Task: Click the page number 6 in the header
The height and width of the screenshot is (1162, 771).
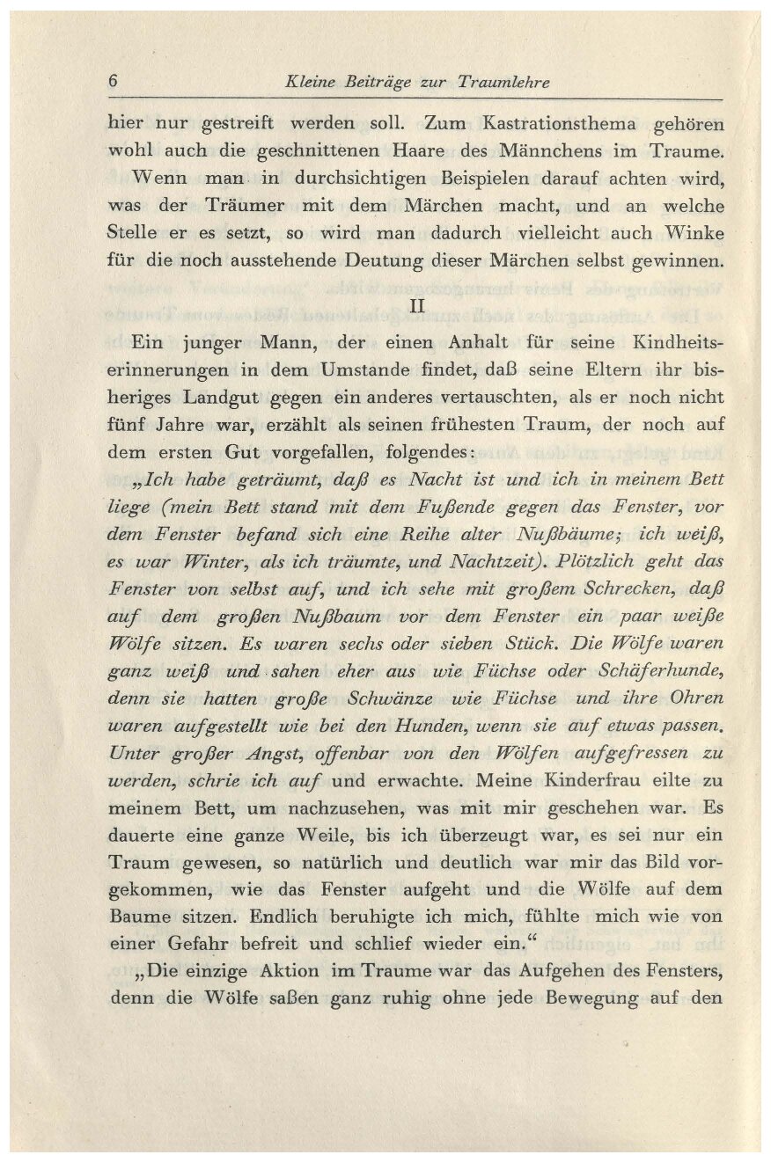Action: click(x=114, y=81)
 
